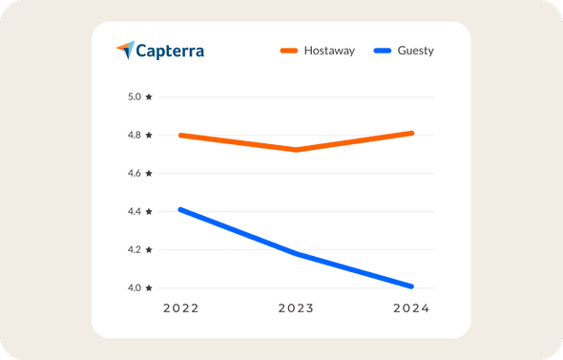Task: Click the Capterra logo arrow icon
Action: pyautogui.click(x=125, y=50)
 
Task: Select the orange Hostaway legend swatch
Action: pyautogui.click(x=288, y=51)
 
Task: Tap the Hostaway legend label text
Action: pyautogui.click(x=329, y=51)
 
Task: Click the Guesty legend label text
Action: pyautogui.click(x=415, y=51)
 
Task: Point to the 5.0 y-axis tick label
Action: pyautogui.click(x=133, y=96)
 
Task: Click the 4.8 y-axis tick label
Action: pyautogui.click(x=133, y=135)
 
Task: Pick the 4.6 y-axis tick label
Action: pyautogui.click(x=133, y=173)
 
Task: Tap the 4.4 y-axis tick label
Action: pyautogui.click(x=133, y=211)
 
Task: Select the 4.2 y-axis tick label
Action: pyautogui.click(x=133, y=249)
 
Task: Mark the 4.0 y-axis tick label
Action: pyautogui.click(x=133, y=287)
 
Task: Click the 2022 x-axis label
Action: pyautogui.click(x=181, y=308)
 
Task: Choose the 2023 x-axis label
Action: pyautogui.click(x=296, y=308)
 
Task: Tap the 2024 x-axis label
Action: pyautogui.click(x=411, y=308)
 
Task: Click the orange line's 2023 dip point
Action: pyautogui.click(x=297, y=150)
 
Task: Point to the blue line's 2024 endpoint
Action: pyautogui.click(x=411, y=286)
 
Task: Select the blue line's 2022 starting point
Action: pyautogui.click(x=181, y=209)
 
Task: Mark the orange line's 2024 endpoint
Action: pyautogui.click(x=411, y=133)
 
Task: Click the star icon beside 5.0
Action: pyautogui.click(x=149, y=96)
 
